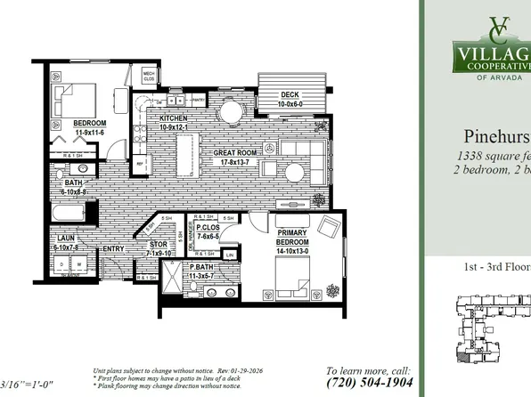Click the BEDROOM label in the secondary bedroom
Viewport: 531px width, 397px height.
[90, 123]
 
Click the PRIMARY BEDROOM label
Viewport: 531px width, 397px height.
[294, 223]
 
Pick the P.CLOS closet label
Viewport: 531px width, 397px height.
[209, 228]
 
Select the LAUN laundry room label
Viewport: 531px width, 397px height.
[65, 239]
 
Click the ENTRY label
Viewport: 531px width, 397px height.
[113, 249]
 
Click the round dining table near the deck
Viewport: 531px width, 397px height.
[232, 111]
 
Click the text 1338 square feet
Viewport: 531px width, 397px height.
[494, 157]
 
